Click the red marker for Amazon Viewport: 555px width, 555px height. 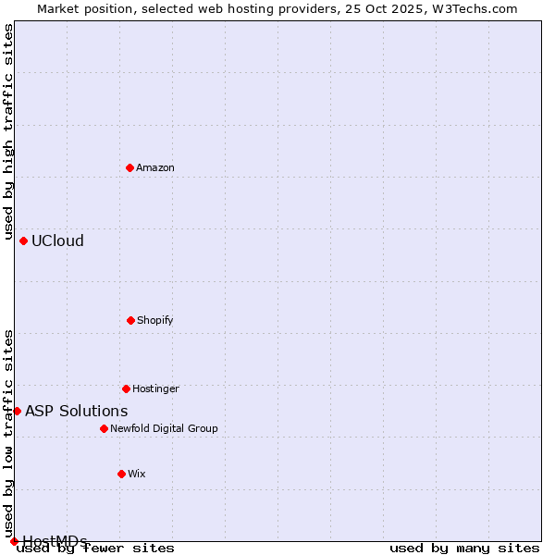(129, 167)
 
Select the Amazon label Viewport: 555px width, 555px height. (155, 168)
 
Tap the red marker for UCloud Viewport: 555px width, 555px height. (23, 240)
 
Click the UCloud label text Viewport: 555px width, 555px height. (57, 241)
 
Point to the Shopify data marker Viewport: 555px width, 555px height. (130, 320)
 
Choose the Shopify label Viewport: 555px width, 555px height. (155, 321)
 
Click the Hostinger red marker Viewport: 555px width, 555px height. (126, 388)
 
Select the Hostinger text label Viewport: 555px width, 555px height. (155, 389)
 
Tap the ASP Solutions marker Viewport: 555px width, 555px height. (17, 411)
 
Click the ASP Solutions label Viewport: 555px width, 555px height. (77, 412)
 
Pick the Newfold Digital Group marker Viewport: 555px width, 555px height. (104, 428)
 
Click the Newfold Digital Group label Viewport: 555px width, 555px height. (164, 429)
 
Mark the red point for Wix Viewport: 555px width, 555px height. (121, 474)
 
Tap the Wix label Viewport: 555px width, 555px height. (137, 475)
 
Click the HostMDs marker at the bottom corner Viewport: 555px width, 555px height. (14, 541)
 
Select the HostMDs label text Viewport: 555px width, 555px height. (55, 541)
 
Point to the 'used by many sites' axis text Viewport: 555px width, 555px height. (464, 549)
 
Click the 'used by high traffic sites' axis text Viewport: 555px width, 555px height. (8, 132)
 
